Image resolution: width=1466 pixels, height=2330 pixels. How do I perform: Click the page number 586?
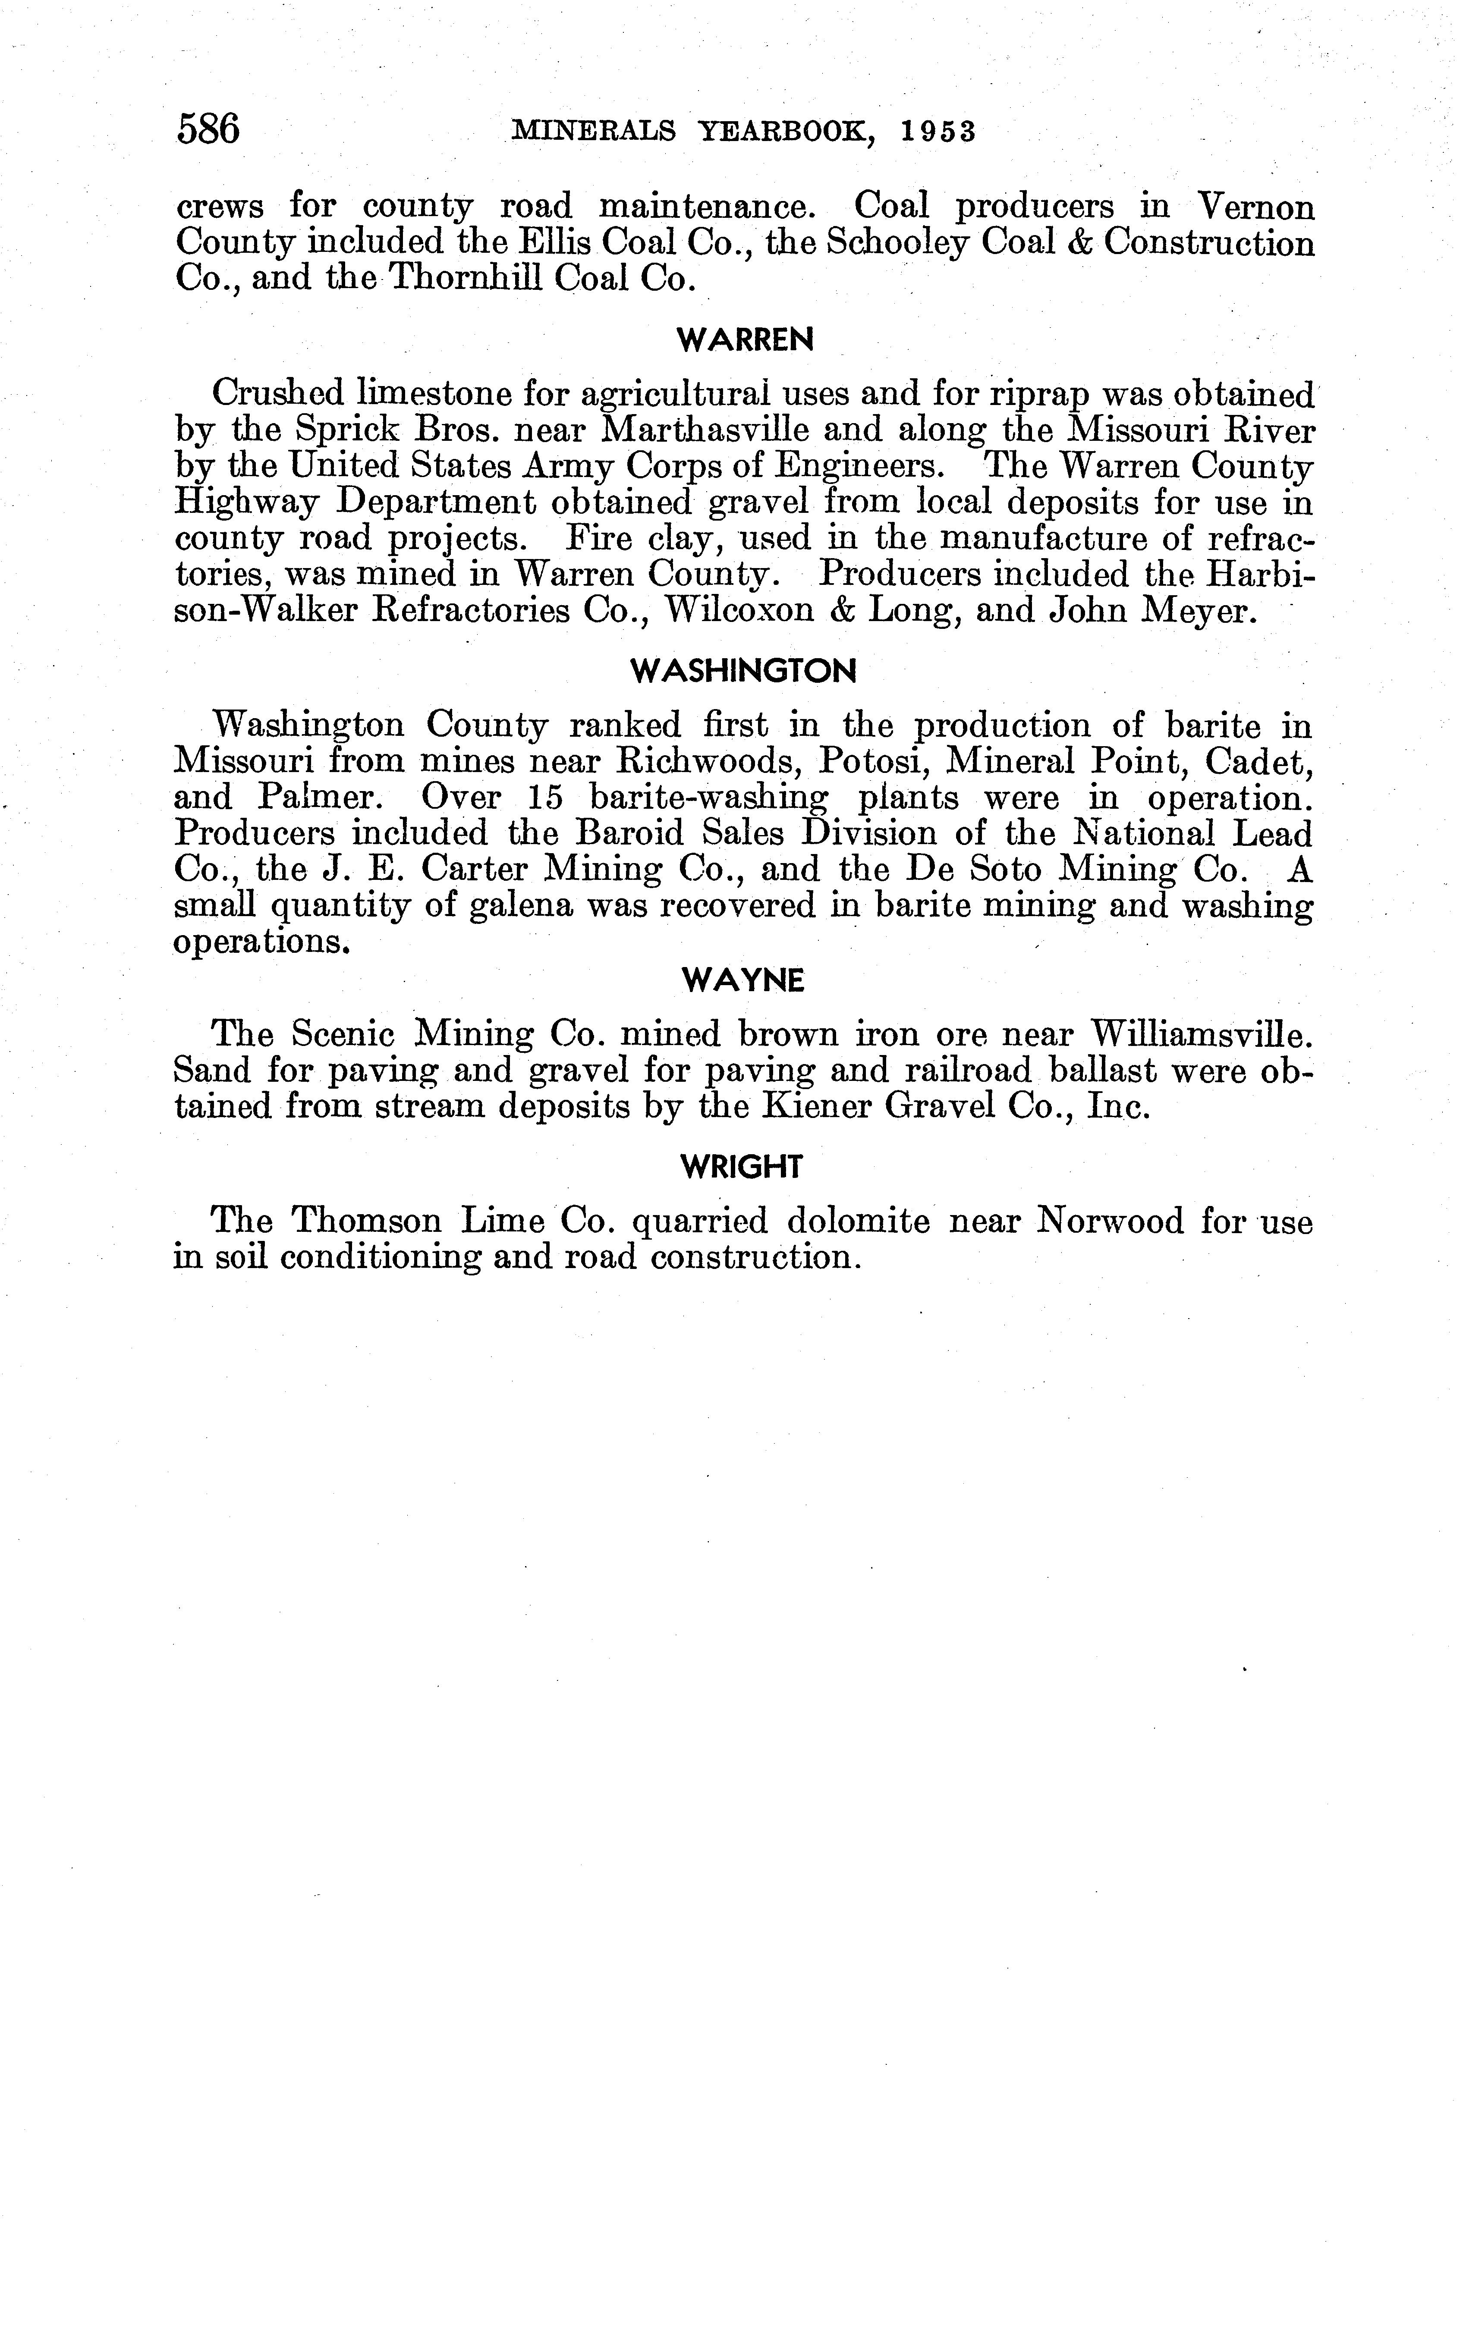pyautogui.click(x=208, y=129)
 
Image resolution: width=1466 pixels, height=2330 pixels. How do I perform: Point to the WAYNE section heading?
pyautogui.click(x=743, y=981)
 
